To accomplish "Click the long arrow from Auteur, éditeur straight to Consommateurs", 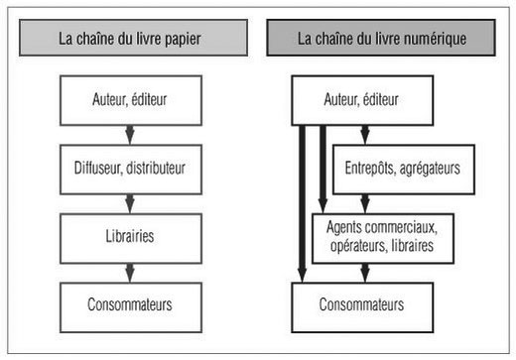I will (302, 198).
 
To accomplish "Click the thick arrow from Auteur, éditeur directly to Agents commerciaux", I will (322, 164).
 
